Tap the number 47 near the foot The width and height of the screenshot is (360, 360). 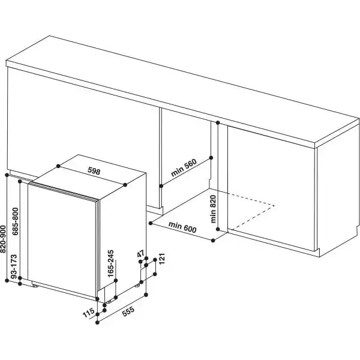[142, 256]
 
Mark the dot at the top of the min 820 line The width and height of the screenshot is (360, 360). [218, 122]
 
